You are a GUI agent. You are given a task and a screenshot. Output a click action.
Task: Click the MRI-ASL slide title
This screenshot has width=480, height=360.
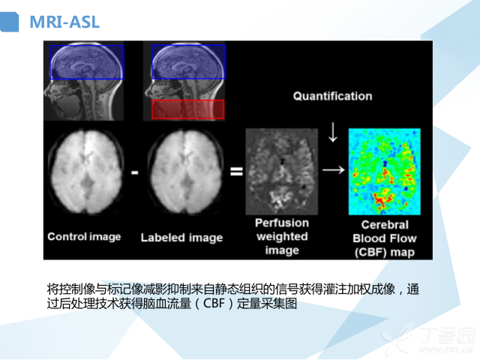pos(64,22)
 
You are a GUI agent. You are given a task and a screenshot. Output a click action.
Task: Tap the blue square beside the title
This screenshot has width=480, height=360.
pos(9,22)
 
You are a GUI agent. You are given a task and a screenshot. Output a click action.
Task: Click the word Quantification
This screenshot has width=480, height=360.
pos(332,96)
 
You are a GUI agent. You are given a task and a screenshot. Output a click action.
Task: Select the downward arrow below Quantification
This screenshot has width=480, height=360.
pos(333,132)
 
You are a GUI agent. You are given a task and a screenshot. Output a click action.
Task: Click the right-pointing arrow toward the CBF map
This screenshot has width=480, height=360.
pos(334,170)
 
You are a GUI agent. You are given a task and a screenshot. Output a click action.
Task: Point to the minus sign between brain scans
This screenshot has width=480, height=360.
pos(135,172)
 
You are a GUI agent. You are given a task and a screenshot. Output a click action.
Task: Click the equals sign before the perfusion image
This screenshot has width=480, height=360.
pos(236,171)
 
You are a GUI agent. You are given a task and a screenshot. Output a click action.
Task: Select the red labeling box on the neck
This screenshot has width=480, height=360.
pos(188,109)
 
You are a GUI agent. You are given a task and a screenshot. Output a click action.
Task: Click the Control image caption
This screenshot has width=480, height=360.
pos(84,237)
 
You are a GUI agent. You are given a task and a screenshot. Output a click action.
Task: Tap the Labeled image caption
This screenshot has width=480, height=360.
pos(181,238)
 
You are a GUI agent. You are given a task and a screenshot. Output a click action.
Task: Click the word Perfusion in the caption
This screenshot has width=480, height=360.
pos(282,223)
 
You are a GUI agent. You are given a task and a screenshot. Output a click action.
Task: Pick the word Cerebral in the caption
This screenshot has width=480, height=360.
pos(385,225)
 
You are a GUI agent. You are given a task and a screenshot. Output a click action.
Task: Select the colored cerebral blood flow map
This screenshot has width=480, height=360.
pos(385,172)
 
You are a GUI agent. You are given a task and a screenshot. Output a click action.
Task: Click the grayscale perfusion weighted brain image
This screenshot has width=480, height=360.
pos(282,172)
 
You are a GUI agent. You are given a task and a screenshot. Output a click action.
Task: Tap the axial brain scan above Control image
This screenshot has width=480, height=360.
pos(86,172)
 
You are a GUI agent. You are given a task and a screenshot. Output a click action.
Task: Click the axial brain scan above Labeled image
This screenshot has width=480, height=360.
pos(185,172)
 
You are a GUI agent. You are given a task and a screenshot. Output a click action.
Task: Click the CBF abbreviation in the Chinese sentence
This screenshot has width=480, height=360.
pos(214,303)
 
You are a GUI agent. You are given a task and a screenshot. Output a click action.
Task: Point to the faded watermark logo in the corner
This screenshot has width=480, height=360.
pos(428,340)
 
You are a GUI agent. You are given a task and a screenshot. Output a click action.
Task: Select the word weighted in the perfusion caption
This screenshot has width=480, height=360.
pos(282,236)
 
